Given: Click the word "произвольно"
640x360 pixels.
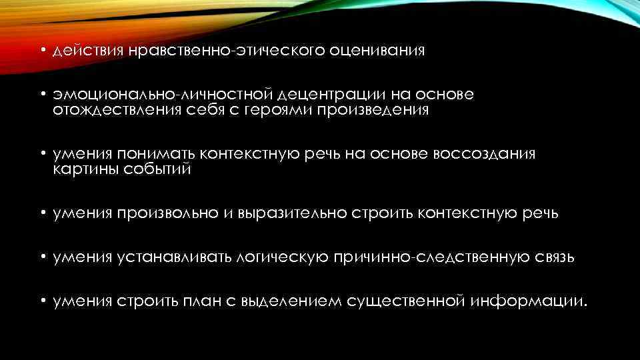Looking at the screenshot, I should click(x=167, y=213).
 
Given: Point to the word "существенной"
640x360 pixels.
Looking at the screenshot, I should click(x=405, y=301).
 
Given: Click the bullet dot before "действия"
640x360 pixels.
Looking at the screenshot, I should click(x=41, y=51).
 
